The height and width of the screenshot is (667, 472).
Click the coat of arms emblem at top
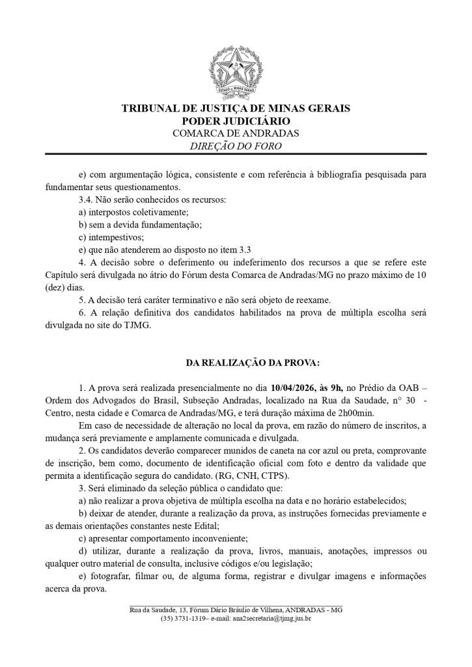point(236,72)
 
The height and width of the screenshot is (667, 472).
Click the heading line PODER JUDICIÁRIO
point(236,121)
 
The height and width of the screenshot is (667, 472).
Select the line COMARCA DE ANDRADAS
point(236,133)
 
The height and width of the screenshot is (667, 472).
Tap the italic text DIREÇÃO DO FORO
point(236,146)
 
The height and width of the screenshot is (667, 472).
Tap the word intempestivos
point(115,237)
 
